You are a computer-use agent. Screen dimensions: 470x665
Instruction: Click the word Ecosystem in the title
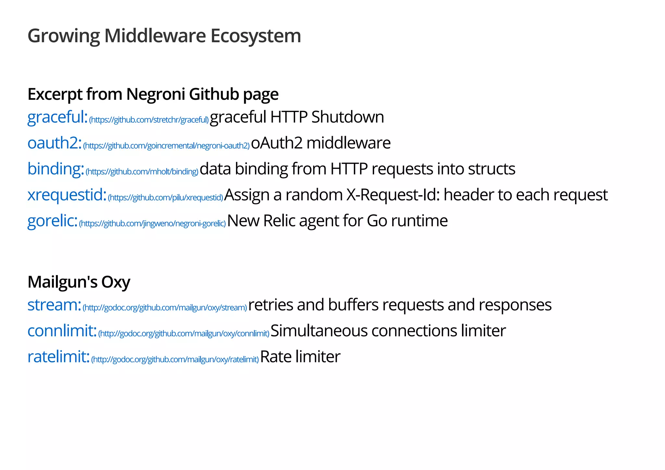(256, 36)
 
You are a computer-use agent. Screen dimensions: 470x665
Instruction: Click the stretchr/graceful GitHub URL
(149, 120)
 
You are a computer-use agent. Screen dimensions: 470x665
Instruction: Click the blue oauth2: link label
(54, 143)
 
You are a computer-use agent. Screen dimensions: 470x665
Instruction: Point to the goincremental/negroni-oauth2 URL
(166, 146)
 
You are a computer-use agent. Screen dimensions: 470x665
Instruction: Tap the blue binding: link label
(56, 169)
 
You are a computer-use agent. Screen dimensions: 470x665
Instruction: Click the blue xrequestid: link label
(67, 195)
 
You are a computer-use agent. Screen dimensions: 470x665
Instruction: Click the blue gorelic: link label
(52, 221)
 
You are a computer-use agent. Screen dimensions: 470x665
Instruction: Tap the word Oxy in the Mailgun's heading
(116, 282)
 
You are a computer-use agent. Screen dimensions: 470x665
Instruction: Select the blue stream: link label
(54, 305)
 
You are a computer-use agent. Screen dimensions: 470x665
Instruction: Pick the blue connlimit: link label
(62, 331)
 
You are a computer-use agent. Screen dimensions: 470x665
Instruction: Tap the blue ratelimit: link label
(58, 357)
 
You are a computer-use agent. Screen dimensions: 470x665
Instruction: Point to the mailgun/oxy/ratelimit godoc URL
(175, 360)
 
